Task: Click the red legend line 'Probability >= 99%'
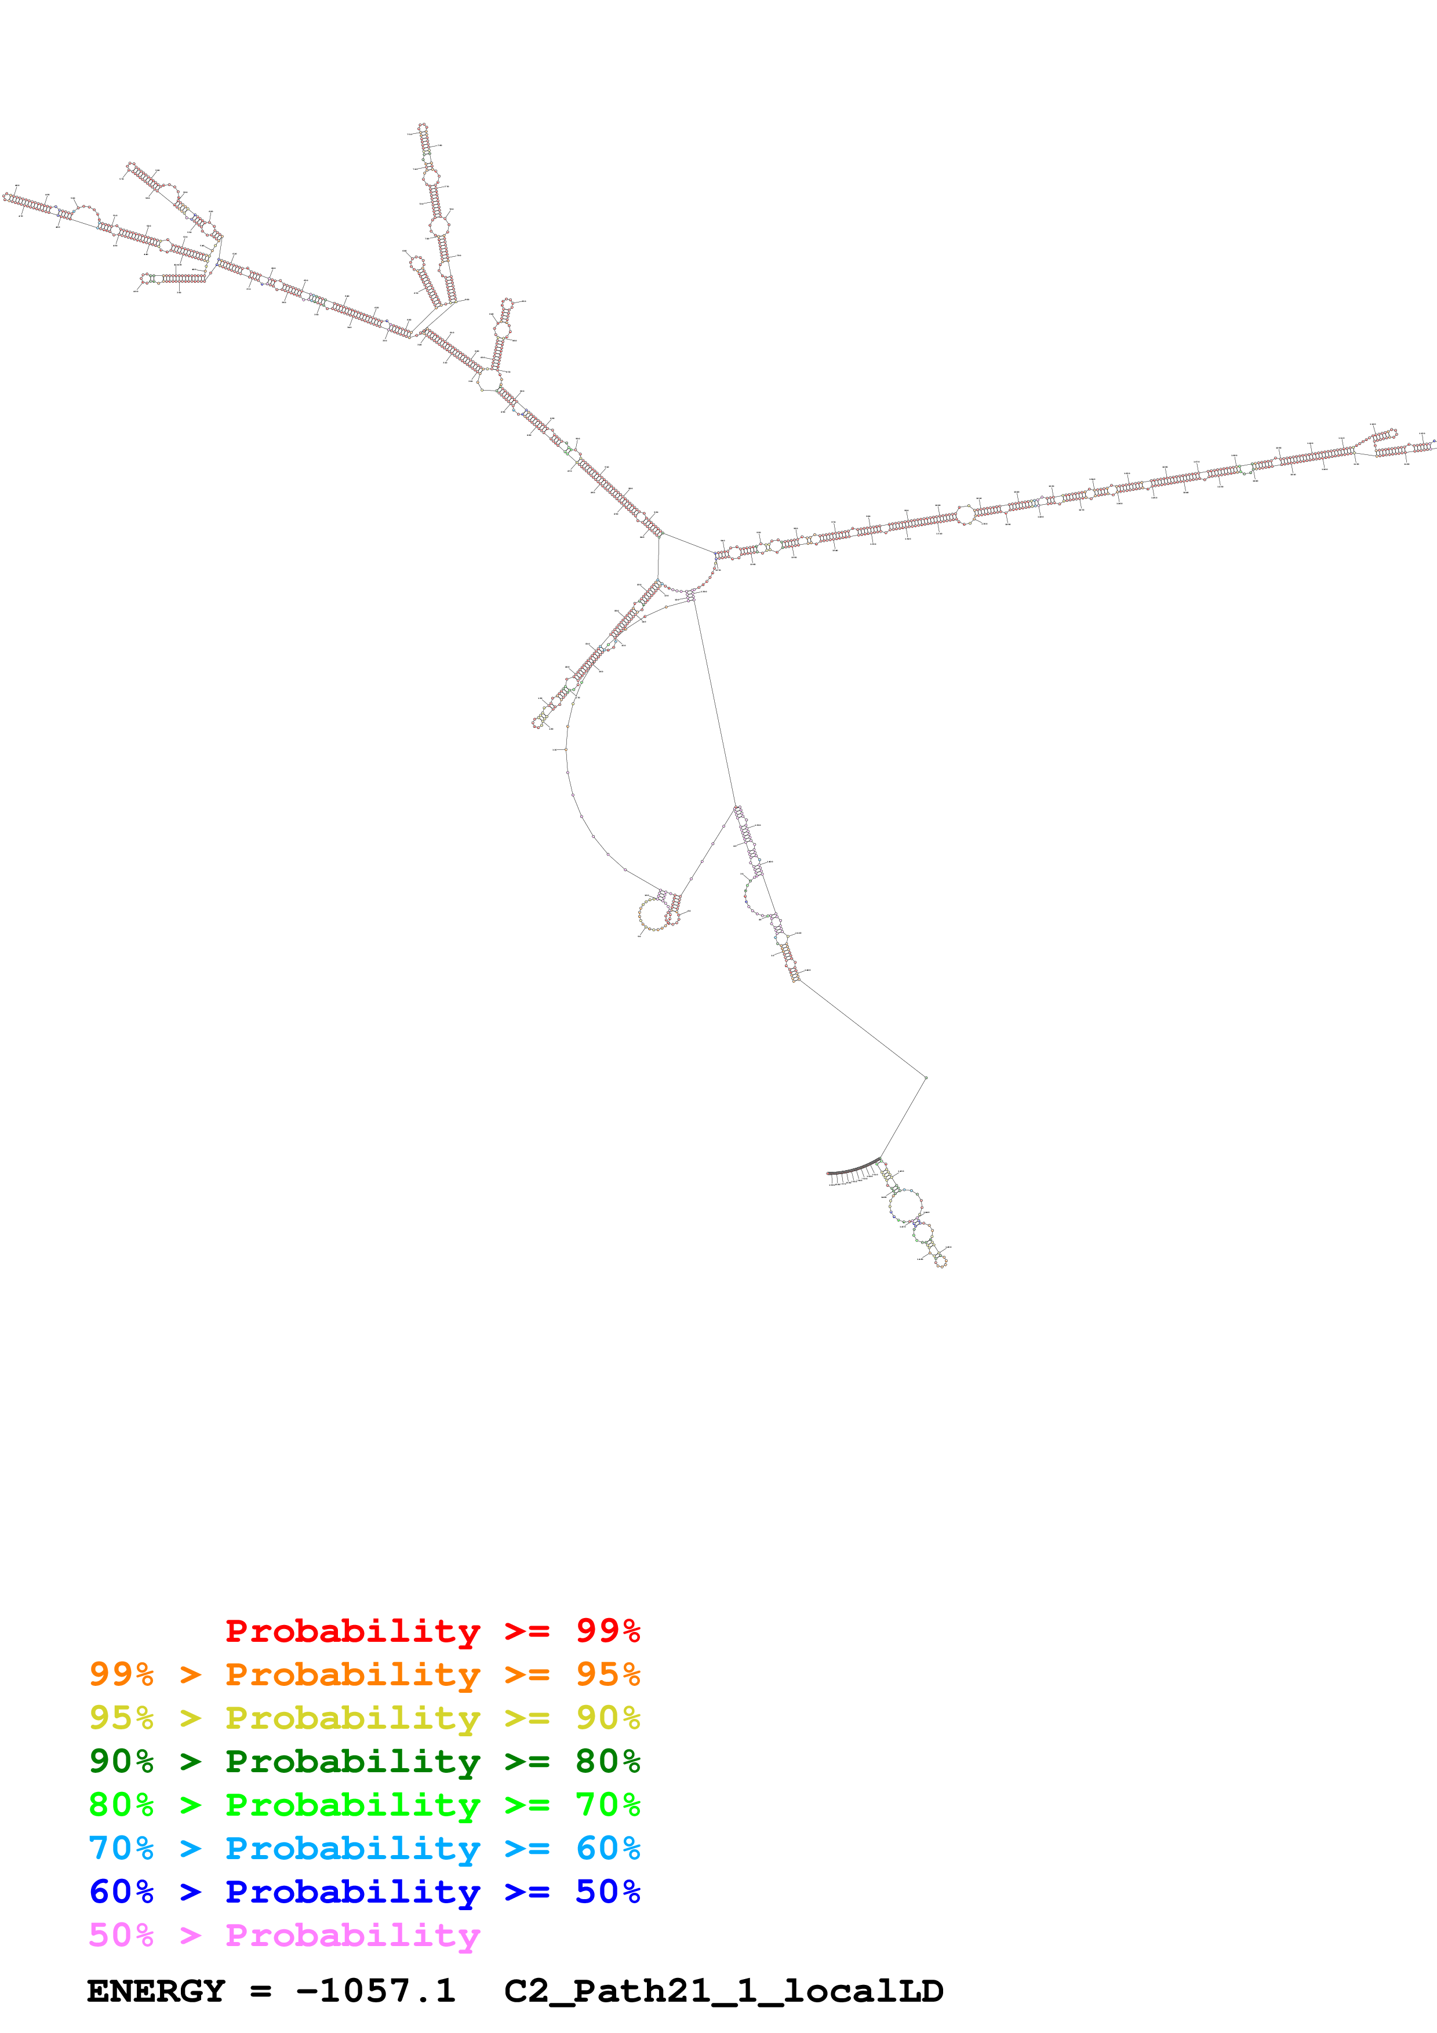click(x=432, y=1631)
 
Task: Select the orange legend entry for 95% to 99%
click(x=364, y=1674)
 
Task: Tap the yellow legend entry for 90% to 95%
click(x=364, y=1718)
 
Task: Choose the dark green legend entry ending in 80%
click(x=364, y=1761)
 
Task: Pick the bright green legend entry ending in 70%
click(x=364, y=1805)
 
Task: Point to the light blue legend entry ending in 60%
click(x=364, y=1848)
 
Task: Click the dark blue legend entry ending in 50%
click(x=364, y=1892)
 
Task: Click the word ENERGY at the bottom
click(x=156, y=1991)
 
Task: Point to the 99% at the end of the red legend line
click(x=607, y=1631)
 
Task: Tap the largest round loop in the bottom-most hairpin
click(x=905, y=1205)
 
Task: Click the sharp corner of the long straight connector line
click(x=925, y=1077)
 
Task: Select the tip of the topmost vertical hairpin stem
click(x=423, y=129)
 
